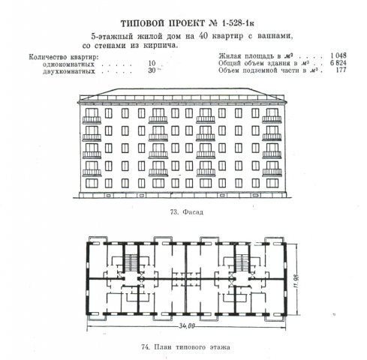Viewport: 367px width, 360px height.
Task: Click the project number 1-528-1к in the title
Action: [x=238, y=23]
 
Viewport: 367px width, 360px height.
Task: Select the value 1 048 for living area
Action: [x=338, y=55]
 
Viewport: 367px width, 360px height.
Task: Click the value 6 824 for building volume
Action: [x=338, y=63]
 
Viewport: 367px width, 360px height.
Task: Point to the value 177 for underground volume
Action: [x=341, y=70]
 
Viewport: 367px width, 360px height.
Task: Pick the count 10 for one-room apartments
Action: [x=152, y=63]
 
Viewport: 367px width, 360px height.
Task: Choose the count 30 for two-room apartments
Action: [x=152, y=70]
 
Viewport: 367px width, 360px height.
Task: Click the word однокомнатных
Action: [x=68, y=64]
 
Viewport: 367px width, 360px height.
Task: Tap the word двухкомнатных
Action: [x=69, y=71]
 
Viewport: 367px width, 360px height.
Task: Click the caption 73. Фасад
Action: [x=186, y=212]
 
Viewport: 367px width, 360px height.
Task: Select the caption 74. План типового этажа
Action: [x=186, y=347]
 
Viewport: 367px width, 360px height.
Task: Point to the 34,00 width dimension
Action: [x=187, y=326]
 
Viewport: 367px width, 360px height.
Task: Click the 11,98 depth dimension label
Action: [x=296, y=280]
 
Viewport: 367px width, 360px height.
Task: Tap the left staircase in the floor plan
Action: [x=131, y=262]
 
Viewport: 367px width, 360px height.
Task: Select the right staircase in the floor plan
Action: [x=242, y=262]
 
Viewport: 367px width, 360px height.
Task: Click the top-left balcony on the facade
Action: [x=92, y=120]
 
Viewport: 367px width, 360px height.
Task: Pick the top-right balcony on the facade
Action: [x=272, y=120]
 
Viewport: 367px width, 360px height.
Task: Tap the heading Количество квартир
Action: [x=64, y=57]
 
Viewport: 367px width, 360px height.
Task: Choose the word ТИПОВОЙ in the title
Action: [x=142, y=23]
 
